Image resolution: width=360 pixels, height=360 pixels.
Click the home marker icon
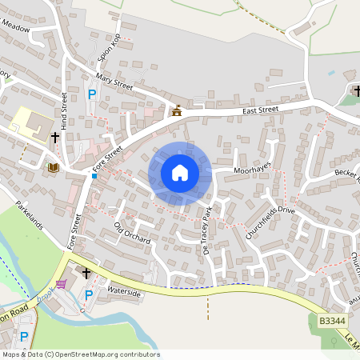coord(180,172)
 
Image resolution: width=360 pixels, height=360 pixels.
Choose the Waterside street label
coord(124,294)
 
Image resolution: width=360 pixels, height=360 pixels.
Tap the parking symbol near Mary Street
coord(92,94)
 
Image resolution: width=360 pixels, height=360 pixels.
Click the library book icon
coord(53,167)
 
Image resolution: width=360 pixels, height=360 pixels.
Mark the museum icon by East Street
coord(176,111)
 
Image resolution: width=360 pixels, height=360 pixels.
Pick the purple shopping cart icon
coord(61,283)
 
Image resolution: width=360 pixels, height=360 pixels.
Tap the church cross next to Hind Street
coord(56,138)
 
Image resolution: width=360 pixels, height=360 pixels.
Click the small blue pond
coord(331,73)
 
